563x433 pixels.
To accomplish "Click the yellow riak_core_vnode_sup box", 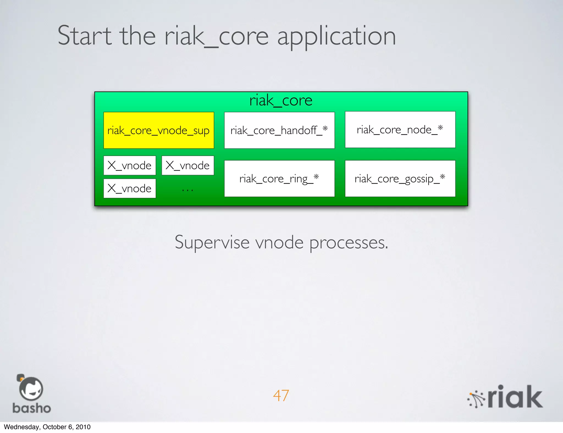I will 159,130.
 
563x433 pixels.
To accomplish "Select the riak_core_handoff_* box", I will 279,130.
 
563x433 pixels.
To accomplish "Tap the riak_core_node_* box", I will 400,130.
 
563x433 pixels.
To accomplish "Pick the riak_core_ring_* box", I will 279,179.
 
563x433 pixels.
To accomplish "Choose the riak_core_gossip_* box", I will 400,179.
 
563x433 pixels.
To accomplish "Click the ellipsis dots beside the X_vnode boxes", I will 187,190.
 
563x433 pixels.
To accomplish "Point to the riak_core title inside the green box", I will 281,101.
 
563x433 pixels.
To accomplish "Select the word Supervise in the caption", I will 212,242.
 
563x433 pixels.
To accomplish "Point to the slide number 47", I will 281,396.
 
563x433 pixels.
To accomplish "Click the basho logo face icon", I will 31,389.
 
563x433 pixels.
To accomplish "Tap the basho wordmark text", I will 32,408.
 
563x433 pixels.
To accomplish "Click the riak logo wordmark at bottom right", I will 515,397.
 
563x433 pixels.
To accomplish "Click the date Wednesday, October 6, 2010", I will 47,427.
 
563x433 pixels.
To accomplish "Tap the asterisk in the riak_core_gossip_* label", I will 442,176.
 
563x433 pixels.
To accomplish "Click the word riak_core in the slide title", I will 216,36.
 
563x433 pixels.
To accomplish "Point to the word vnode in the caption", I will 280,242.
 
